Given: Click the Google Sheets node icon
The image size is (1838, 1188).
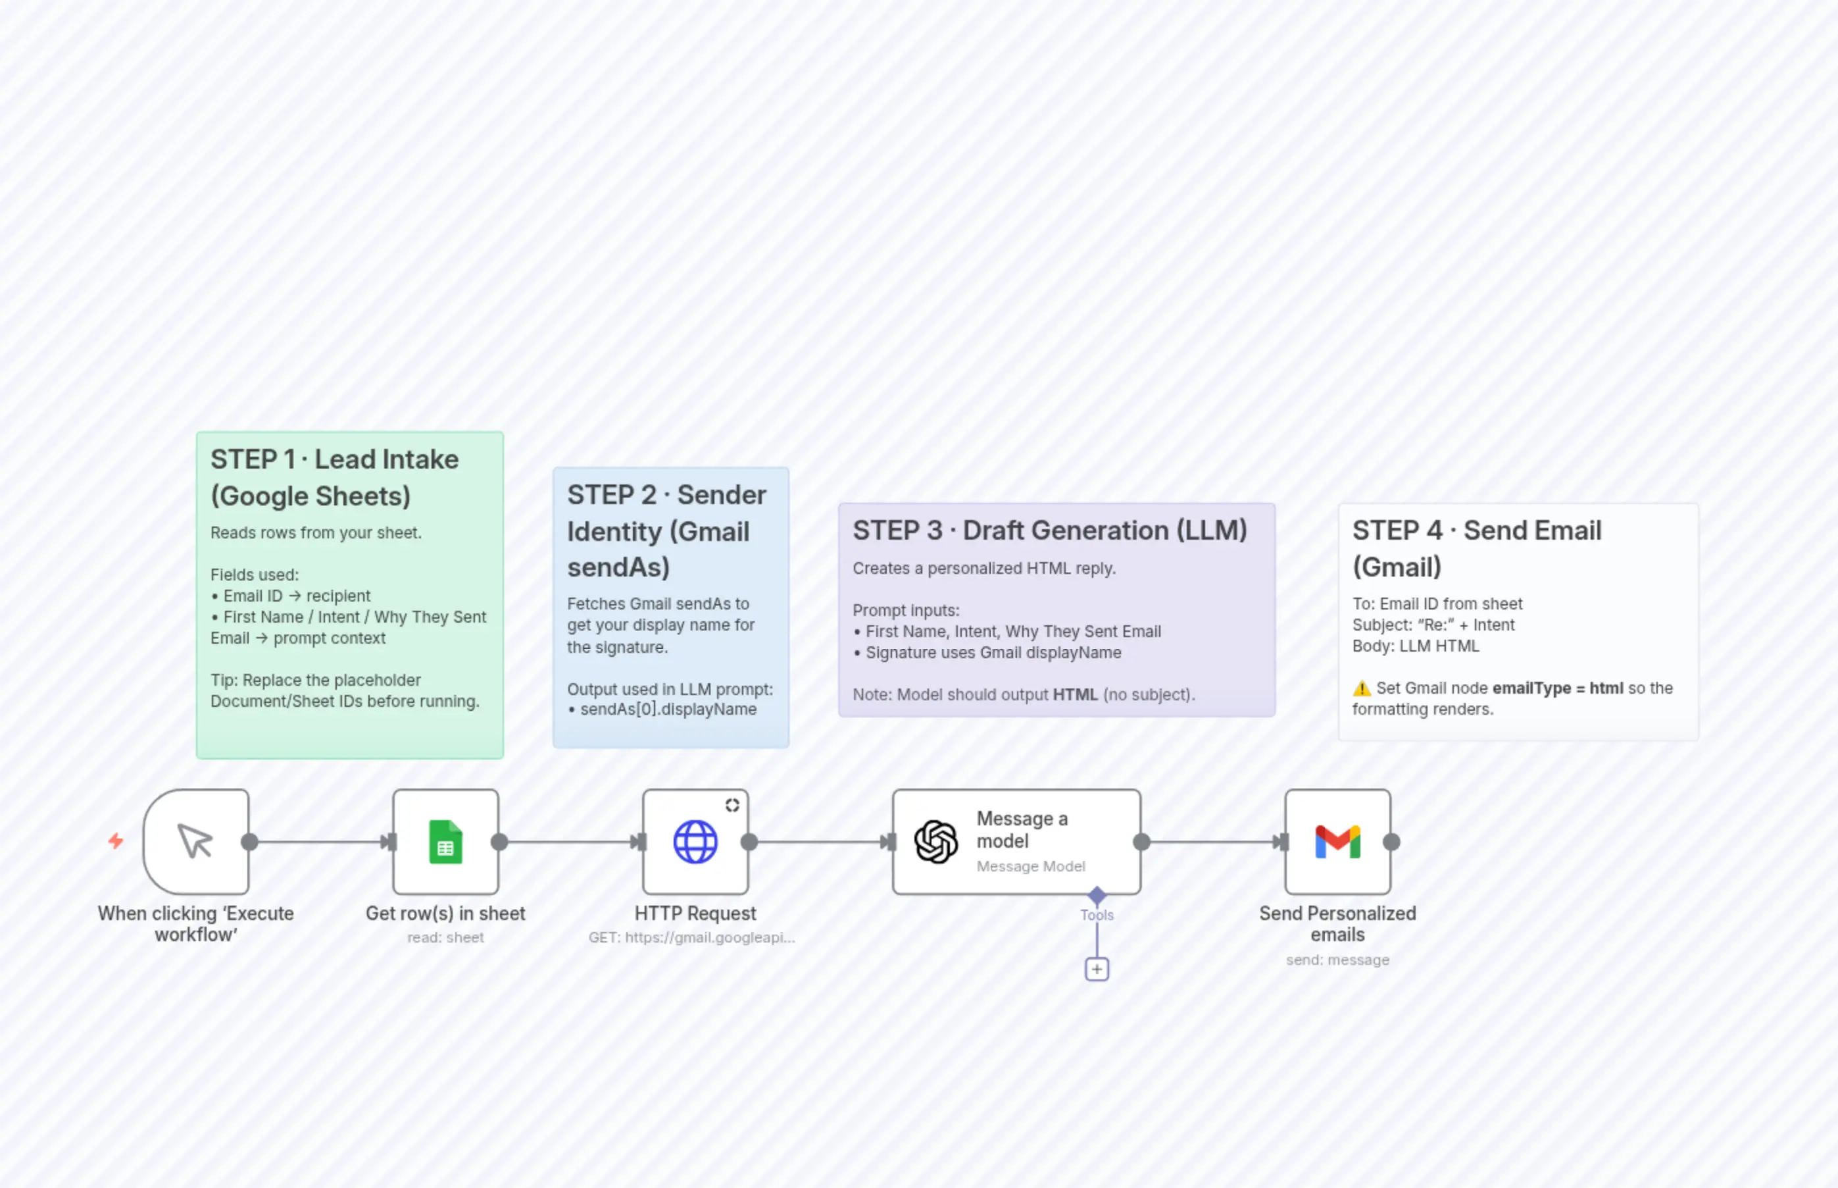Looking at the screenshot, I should click(x=445, y=842).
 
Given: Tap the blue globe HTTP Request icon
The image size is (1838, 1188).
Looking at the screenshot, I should click(x=695, y=842).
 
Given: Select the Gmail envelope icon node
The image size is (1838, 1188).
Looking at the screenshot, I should click(x=1337, y=842).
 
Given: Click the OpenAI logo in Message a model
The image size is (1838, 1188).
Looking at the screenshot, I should click(x=936, y=842).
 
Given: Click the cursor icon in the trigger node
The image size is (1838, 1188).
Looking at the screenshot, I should click(x=195, y=842).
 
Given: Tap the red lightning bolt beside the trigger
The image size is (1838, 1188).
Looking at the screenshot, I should click(x=116, y=841).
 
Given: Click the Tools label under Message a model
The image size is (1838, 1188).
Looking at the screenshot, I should click(x=1097, y=916).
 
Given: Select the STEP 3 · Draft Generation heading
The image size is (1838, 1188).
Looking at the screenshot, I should click(x=1049, y=530).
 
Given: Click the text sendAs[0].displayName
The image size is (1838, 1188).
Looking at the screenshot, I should click(x=668, y=710).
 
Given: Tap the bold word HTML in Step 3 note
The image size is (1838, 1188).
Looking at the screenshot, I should click(x=1075, y=695).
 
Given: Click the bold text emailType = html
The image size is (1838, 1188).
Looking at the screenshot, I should click(x=1557, y=688).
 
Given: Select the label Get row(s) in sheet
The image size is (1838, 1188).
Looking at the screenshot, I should click(x=445, y=914).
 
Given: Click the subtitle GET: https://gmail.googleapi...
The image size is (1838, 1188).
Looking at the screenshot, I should click(x=691, y=938).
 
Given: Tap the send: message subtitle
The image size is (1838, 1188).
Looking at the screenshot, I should click(x=1337, y=960).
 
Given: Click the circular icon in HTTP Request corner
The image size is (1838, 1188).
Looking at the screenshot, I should click(x=732, y=806).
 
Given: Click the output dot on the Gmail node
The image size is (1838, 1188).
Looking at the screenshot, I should click(x=1391, y=842).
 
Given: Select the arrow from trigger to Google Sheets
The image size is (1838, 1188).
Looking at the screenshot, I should click(x=320, y=842).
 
